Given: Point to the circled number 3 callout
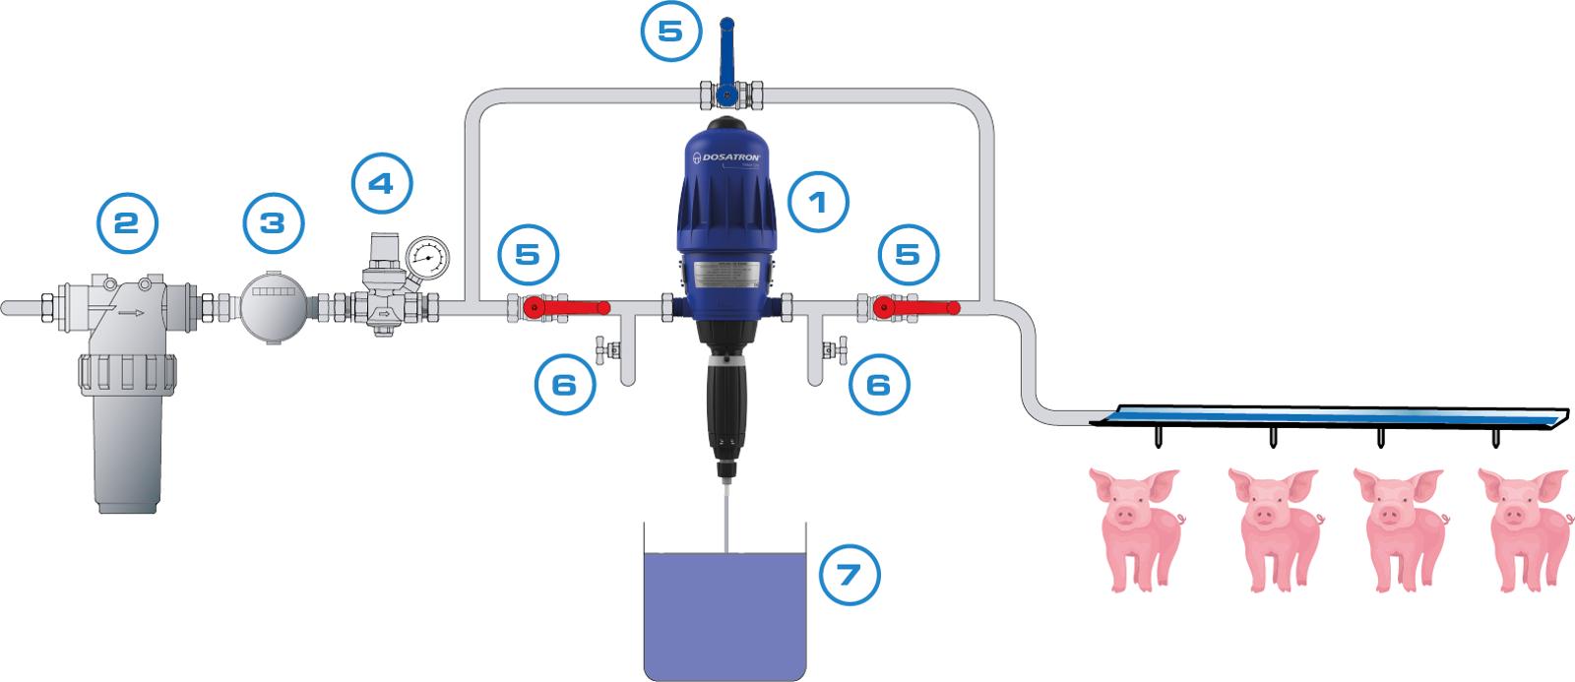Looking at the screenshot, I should pyautogui.click(x=275, y=222).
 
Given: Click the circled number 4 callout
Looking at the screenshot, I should pyautogui.click(x=383, y=183).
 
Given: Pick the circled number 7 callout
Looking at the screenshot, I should pyautogui.click(x=850, y=574).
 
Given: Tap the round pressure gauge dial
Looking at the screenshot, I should pyautogui.click(x=426, y=259).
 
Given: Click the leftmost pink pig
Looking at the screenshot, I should pyautogui.click(x=1133, y=527).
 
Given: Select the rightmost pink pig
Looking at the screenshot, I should pyautogui.click(x=1522, y=527).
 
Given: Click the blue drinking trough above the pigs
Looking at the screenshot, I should pyautogui.click(x=1329, y=416).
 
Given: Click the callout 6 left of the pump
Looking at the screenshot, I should pyautogui.click(x=565, y=384).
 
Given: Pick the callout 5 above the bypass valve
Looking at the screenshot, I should pyautogui.click(x=669, y=31).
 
